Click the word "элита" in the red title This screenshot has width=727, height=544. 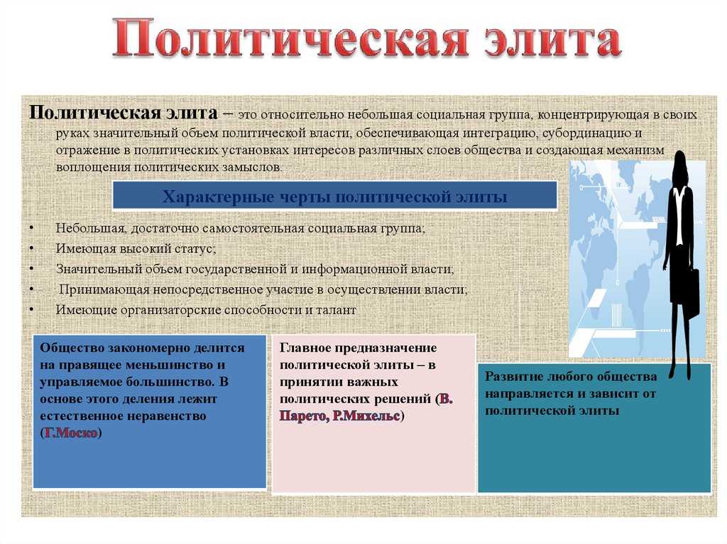click(x=552, y=38)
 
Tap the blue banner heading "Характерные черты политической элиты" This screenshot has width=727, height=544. click(x=335, y=196)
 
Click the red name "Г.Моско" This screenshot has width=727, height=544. click(x=71, y=433)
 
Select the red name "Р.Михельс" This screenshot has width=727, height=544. click(x=366, y=416)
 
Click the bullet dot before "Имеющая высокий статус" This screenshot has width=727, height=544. click(x=31, y=248)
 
